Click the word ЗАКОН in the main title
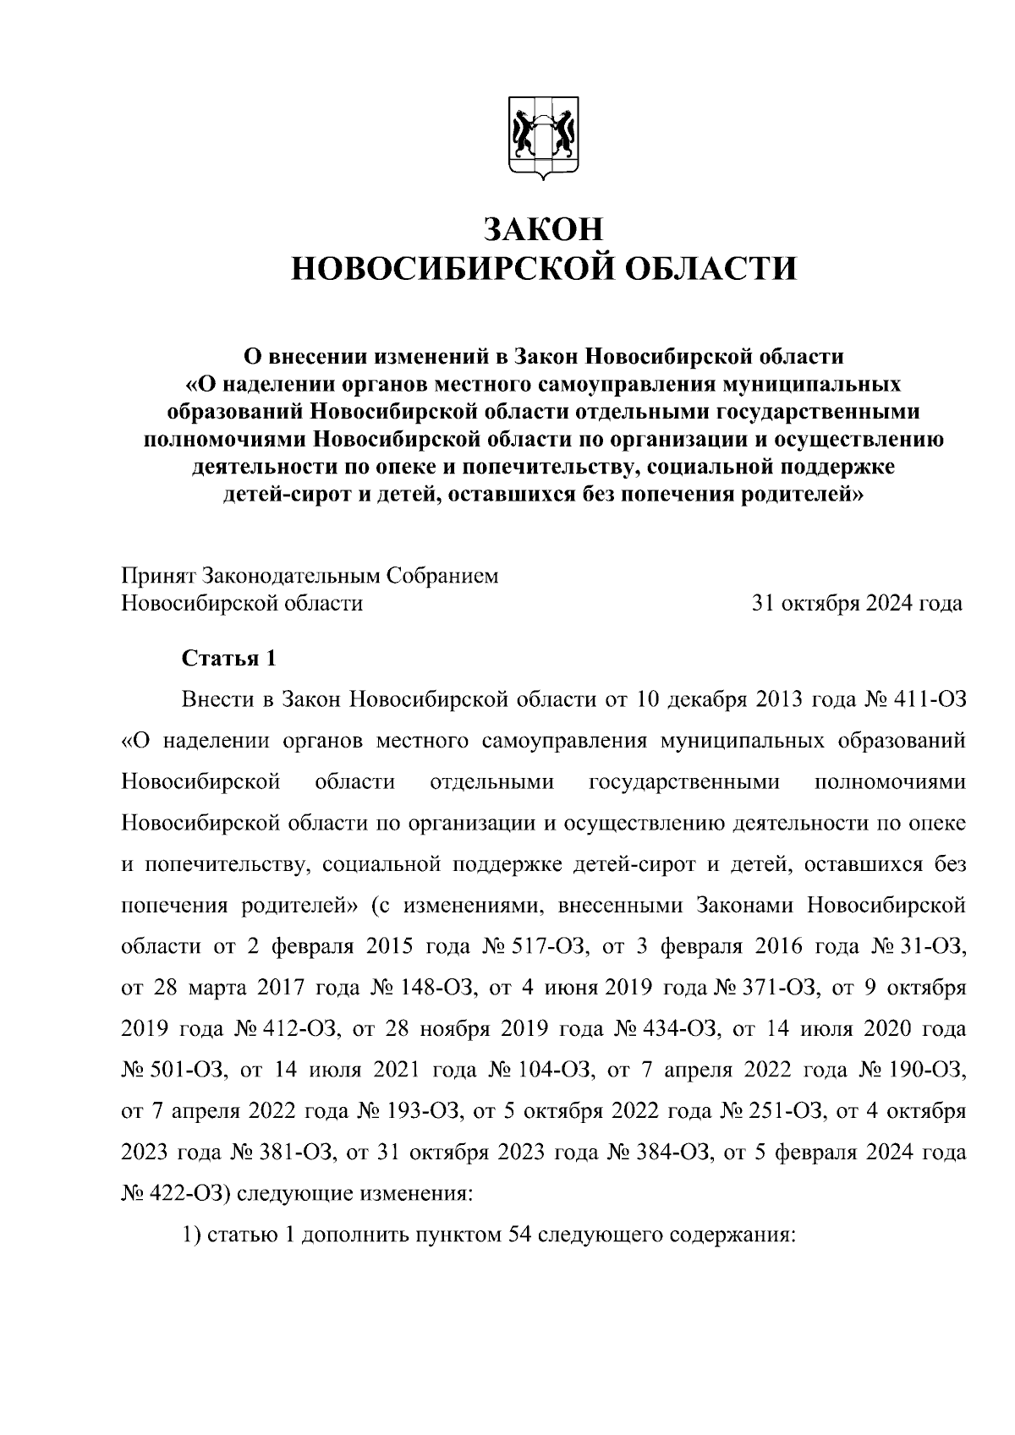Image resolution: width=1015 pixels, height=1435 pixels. pyautogui.click(x=544, y=229)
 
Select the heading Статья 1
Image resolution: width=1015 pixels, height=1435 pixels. pyautogui.click(x=229, y=659)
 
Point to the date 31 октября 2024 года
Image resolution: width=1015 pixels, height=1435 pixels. pyautogui.click(x=857, y=604)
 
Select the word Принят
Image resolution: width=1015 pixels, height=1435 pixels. pyautogui.click(x=158, y=577)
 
